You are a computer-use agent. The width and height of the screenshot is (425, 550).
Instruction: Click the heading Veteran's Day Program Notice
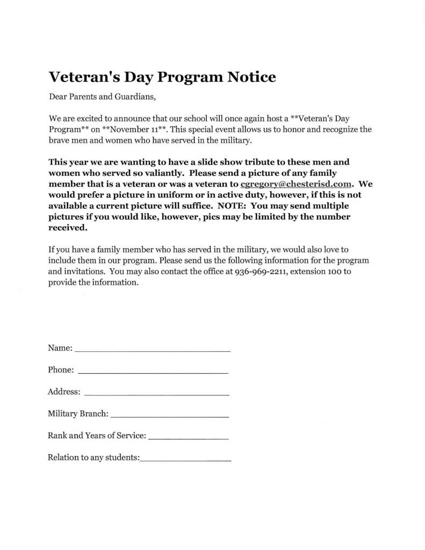point(162,77)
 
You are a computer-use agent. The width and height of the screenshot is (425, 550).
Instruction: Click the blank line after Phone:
point(153,371)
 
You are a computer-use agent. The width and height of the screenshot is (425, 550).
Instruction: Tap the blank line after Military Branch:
point(169,415)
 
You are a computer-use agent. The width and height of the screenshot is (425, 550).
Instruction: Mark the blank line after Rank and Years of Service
point(188,437)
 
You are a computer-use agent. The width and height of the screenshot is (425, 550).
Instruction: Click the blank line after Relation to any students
point(185,459)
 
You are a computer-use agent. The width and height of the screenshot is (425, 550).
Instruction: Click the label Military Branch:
point(78,414)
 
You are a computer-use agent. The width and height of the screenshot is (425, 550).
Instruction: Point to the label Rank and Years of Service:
point(97,436)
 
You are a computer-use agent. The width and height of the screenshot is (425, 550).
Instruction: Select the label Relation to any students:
point(93,458)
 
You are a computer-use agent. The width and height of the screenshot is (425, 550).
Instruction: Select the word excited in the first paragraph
point(87,118)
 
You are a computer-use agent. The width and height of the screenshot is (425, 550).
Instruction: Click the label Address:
point(64,392)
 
